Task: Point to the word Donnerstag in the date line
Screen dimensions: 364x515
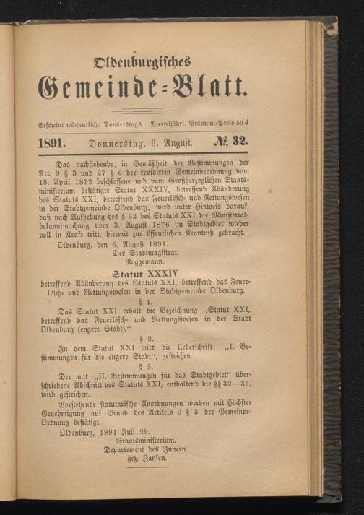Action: [118, 142]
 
